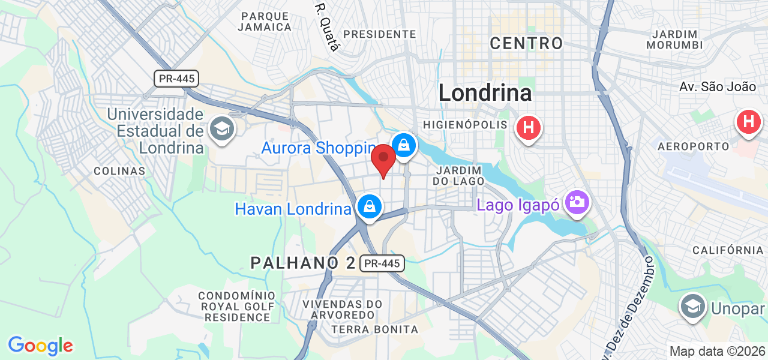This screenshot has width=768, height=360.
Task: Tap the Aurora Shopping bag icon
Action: click(404, 145)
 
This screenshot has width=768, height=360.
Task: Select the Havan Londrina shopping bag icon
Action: click(370, 207)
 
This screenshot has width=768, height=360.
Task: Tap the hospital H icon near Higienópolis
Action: click(529, 127)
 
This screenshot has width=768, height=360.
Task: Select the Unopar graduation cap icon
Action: click(692, 306)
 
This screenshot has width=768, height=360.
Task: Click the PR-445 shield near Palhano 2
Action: click(382, 263)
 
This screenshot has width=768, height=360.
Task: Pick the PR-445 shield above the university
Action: click(176, 78)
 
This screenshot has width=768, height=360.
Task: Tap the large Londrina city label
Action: click(485, 92)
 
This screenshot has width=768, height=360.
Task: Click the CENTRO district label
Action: click(526, 43)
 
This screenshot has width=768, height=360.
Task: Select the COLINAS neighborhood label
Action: click(119, 171)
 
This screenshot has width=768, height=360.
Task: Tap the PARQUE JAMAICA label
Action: click(265, 21)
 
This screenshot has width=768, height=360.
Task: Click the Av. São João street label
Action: click(718, 87)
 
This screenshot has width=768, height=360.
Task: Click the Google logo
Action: click(40, 346)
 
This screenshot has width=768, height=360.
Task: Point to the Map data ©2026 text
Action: click(717, 351)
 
